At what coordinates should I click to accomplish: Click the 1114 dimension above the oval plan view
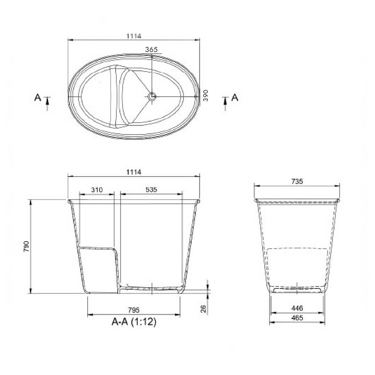134,36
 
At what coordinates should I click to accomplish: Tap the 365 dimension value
151,50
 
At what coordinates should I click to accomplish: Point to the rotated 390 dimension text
205,95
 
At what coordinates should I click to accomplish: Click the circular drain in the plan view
152,97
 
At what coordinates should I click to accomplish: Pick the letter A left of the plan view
37,98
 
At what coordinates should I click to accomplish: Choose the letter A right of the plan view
235,98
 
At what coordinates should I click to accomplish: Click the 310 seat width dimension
97,190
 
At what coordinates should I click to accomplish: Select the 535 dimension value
151,190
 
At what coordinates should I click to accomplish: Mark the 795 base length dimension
134,310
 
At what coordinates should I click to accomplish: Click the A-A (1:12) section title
134,322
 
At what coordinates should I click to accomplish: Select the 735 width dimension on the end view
297,181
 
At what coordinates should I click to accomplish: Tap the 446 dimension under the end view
298,308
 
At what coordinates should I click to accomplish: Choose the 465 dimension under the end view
298,317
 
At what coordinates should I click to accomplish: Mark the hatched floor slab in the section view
151,288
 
